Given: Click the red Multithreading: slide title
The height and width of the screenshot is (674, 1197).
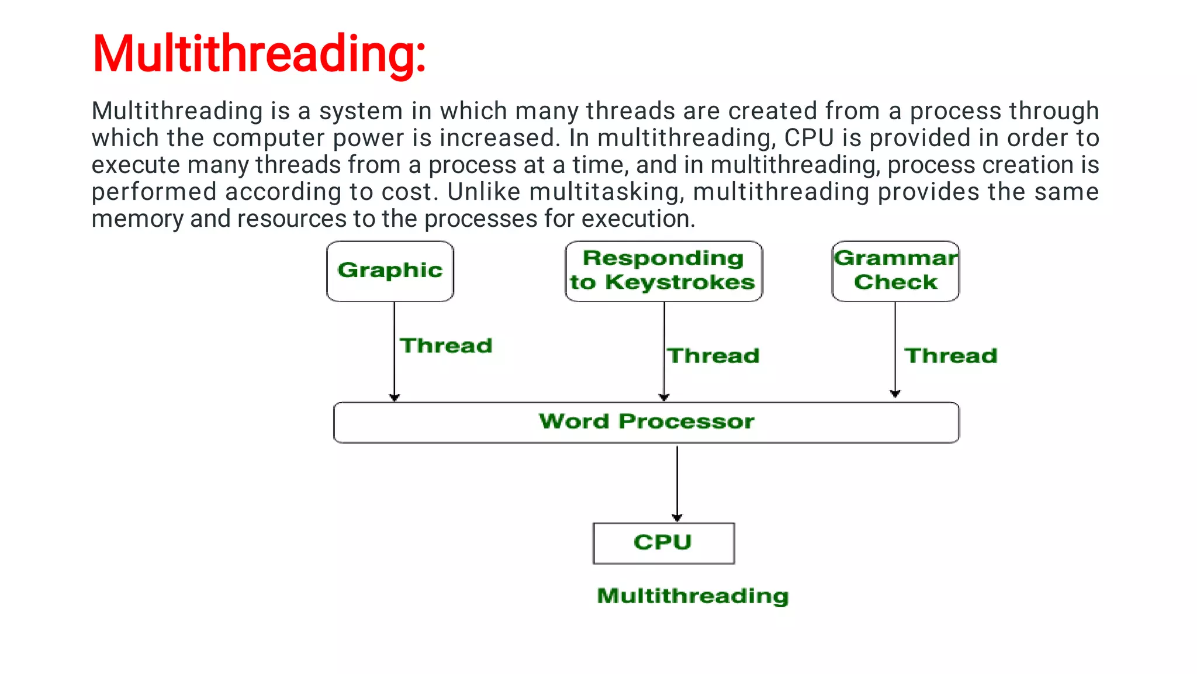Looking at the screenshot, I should point(259,54).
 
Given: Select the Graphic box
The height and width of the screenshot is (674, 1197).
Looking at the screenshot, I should point(390,271).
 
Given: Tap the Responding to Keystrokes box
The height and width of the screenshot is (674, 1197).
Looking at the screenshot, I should point(663,271).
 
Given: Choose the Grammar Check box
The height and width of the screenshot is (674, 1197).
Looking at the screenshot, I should point(895,271).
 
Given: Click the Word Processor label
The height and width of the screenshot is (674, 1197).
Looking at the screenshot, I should point(646,421).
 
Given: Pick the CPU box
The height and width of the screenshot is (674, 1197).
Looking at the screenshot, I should point(663,543).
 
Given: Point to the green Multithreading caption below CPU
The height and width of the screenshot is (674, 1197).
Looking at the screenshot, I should point(693,596).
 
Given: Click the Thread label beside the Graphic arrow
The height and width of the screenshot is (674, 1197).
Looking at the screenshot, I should point(446,345).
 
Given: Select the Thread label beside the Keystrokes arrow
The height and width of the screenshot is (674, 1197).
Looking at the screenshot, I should point(713,355).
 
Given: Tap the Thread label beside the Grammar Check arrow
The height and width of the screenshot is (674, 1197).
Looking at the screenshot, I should point(951,355).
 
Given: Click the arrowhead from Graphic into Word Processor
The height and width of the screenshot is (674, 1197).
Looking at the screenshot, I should point(395,398).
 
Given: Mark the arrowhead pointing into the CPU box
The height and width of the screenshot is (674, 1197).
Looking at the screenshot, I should point(677,517).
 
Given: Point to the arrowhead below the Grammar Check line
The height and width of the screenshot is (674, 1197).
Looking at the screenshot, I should point(895,393).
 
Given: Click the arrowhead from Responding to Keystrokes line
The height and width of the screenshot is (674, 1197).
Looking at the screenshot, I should point(664,397).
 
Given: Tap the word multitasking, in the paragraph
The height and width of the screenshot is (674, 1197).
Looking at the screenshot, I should point(607,192).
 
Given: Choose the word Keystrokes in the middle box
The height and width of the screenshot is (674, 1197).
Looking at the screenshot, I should point(680,282).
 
